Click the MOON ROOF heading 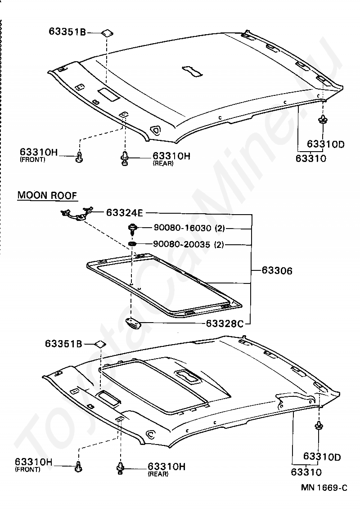(47, 195)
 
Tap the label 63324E (125, 213)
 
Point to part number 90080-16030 (182, 228)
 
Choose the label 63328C (225, 323)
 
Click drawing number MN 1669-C (324, 488)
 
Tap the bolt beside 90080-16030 (132, 229)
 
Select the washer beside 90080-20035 (132, 244)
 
